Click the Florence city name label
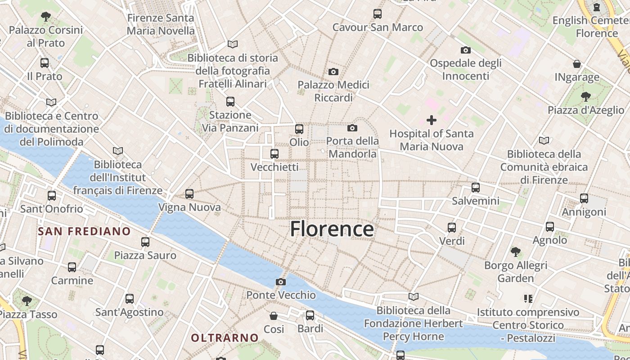pos(332,229)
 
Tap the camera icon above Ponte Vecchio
pos(281,282)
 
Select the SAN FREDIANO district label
pos(84,232)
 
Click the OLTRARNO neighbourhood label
pos(225,337)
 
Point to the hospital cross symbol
pos(432,120)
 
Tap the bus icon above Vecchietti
pos(274,154)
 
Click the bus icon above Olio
pos(299,129)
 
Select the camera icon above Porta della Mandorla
pos(352,128)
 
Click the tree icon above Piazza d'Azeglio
pos(585,96)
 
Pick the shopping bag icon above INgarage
pos(577,64)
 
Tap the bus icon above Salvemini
pos(476,188)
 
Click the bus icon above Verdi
pos(452,228)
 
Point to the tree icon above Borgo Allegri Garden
pos(516,252)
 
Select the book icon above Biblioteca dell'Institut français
pos(118,151)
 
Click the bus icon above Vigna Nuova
pos(189,194)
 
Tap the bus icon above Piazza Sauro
pos(145,242)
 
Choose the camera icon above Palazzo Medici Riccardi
pos(333,72)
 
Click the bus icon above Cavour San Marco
pos(378,14)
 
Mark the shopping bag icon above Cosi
pos(274,316)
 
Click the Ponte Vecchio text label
pos(281,295)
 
